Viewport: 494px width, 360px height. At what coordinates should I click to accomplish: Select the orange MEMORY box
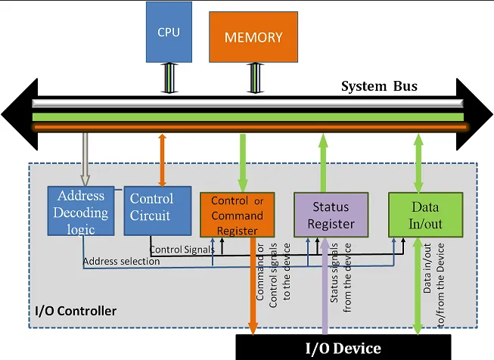(253, 36)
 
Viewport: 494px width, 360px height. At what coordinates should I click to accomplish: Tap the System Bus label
(379, 85)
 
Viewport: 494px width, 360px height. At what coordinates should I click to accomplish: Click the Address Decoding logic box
(80, 211)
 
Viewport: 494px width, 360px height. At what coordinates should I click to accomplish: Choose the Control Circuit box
(151, 206)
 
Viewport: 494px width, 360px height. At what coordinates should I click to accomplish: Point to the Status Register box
(331, 215)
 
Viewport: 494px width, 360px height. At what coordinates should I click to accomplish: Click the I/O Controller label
(76, 311)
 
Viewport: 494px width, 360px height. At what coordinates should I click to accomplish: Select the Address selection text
(121, 262)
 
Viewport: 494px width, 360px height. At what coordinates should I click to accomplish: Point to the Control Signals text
(182, 249)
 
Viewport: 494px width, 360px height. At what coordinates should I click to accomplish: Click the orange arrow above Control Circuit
(161, 160)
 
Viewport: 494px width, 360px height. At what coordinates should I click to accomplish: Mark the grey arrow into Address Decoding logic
(84, 160)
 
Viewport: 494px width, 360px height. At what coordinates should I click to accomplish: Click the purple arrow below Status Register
(324, 295)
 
